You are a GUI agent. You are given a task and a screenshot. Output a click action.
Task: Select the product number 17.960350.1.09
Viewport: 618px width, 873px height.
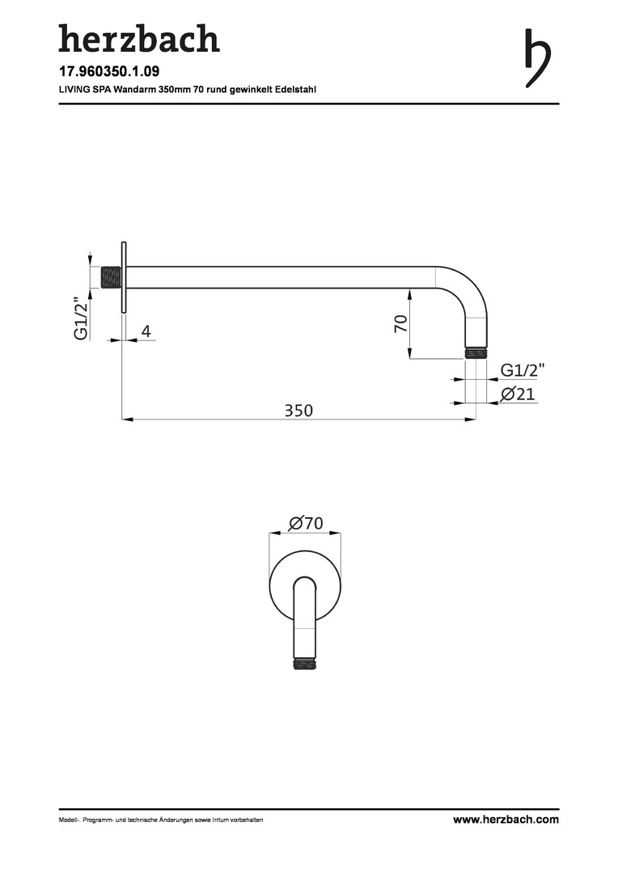point(109,71)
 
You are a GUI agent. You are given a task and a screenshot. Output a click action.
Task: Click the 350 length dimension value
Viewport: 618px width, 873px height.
point(298,411)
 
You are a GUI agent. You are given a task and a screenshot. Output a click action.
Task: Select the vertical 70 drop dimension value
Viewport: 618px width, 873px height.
point(401,323)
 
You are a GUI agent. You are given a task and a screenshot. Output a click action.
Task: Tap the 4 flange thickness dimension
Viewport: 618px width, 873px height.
point(146,332)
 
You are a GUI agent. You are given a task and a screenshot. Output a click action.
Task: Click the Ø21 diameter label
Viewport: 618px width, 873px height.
point(518,394)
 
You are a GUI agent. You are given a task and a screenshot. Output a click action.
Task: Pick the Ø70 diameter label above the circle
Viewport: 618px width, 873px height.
point(306,523)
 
